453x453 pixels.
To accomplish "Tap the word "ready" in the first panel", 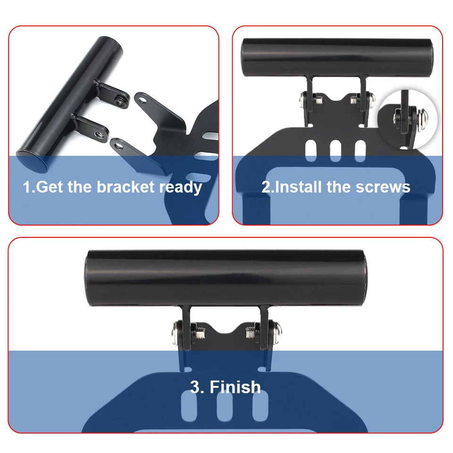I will tap(180, 188).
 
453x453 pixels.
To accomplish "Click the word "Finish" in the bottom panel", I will tap(235, 387).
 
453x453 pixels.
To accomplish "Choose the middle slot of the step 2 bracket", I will tap(336, 150).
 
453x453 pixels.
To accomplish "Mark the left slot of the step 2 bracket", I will tap(312, 150).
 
